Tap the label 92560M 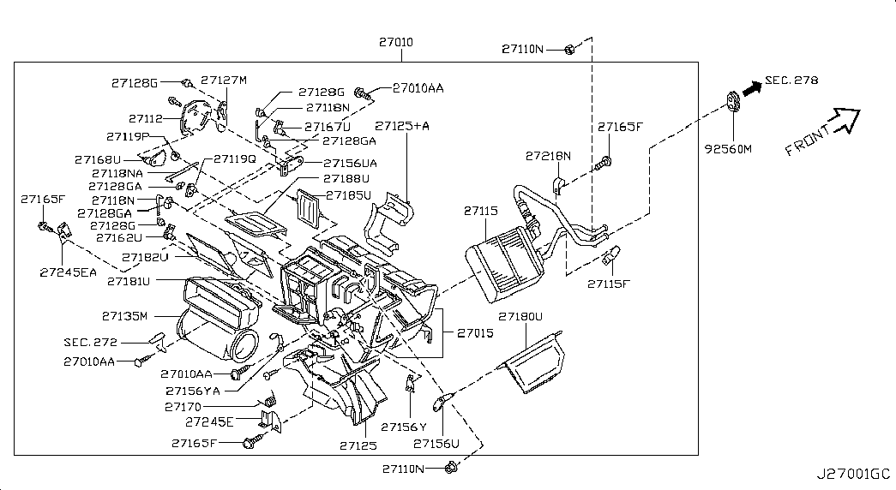(727, 148)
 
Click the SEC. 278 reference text (791, 81)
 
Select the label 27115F (608, 283)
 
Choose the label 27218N (548, 156)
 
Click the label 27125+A (402, 126)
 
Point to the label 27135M (125, 314)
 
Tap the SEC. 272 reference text (90, 341)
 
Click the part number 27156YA (193, 391)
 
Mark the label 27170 (183, 407)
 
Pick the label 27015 (474, 332)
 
